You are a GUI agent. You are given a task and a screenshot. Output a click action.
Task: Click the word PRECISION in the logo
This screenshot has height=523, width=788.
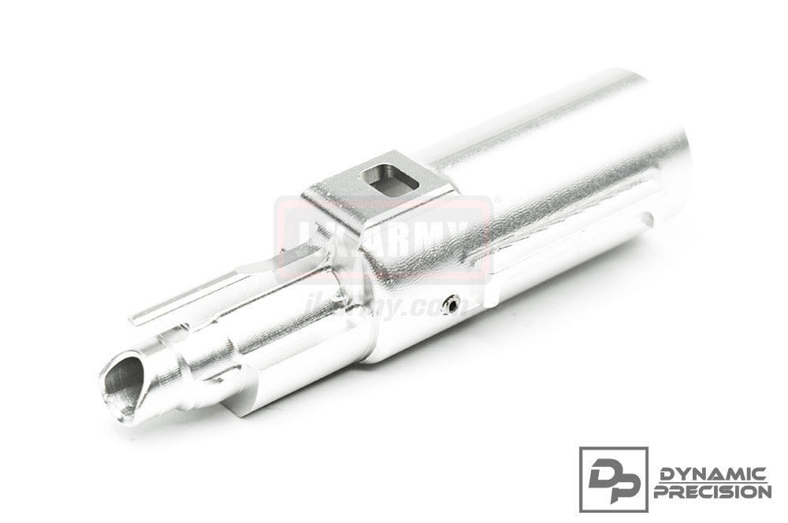pyautogui.click(x=712, y=491)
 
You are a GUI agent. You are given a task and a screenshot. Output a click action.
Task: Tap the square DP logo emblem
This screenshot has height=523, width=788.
pyautogui.click(x=613, y=479)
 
